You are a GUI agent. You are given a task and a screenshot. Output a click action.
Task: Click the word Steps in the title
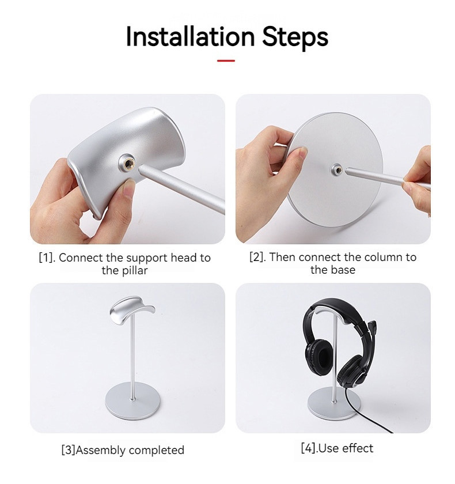pos(295,37)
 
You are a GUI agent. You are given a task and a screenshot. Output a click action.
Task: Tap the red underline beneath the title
pos(226,60)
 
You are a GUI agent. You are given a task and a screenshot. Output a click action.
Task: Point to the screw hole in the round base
pos(335,169)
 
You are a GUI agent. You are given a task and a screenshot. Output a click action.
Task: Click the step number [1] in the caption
pos(46,258)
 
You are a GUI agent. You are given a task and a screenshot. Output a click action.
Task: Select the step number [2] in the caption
pos(257,257)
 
